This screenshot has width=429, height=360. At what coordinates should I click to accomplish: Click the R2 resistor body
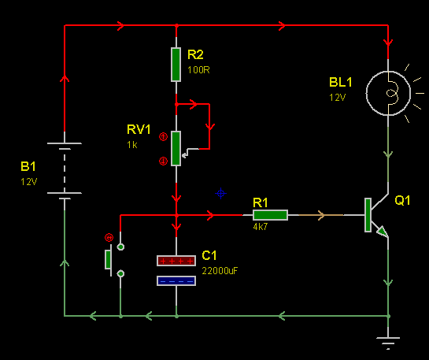click(176, 65)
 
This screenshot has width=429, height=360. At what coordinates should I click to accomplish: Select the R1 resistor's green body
click(270, 215)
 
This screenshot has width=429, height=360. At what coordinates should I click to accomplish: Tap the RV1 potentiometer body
click(176, 148)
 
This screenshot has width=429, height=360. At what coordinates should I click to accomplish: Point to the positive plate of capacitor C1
click(176, 261)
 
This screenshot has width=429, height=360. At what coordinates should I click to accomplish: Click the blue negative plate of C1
click(176, 281)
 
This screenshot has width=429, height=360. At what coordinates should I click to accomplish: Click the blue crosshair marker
click(220, 194)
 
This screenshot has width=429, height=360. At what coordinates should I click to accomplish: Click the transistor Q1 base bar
click(368, 215)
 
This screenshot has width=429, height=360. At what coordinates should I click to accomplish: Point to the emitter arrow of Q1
click(382, 232)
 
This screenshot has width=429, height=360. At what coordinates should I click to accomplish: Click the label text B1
click(28, 166)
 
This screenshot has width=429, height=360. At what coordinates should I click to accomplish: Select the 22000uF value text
click(220, 271)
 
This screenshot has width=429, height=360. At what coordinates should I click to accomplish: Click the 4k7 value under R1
click(261, 227)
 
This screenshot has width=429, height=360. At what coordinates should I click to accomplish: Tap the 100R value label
click(198, 70)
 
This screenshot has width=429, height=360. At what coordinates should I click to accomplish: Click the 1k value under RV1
click(132, 145)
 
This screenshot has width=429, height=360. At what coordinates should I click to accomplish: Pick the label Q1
click(402, 201)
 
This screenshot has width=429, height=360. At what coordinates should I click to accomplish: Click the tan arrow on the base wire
click(321, 215)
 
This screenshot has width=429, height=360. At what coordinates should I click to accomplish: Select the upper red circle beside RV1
click(164, 136)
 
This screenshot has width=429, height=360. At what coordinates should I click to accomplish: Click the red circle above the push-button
click(109, 238)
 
